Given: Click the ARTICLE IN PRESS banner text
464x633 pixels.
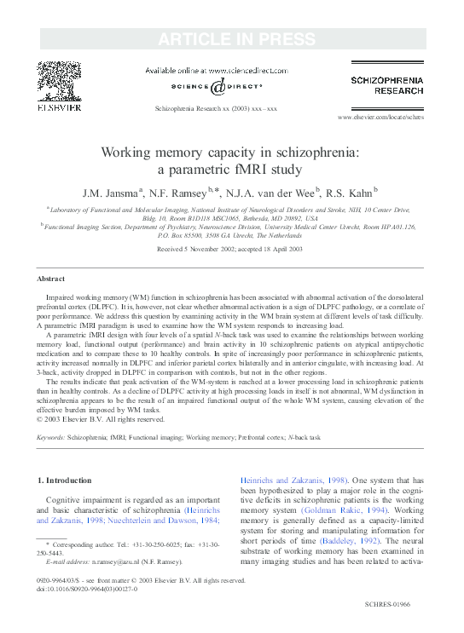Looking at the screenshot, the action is point(232,38).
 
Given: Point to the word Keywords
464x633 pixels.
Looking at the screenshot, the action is point(50,437).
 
